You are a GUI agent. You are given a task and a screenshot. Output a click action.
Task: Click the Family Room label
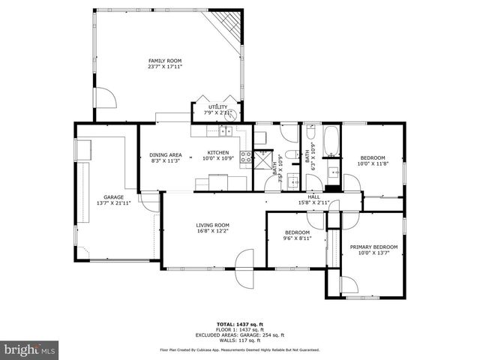(x=164, y=61)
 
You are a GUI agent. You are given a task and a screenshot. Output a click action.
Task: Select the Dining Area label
(x=166, y=154)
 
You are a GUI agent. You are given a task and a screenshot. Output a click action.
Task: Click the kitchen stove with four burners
(x=245, y=157)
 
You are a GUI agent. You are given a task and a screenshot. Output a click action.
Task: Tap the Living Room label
(x=213, y=225)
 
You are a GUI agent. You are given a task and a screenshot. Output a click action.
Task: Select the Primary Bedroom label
(x=373, y=247)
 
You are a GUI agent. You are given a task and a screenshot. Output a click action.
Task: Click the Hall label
(x=313, y=196)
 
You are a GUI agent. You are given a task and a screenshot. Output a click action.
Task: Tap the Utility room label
(x=217, y=106)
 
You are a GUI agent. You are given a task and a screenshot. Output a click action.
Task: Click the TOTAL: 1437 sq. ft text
(x=240, y=324)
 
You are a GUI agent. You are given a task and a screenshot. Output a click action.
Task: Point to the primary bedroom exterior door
(x=349, y=285)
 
